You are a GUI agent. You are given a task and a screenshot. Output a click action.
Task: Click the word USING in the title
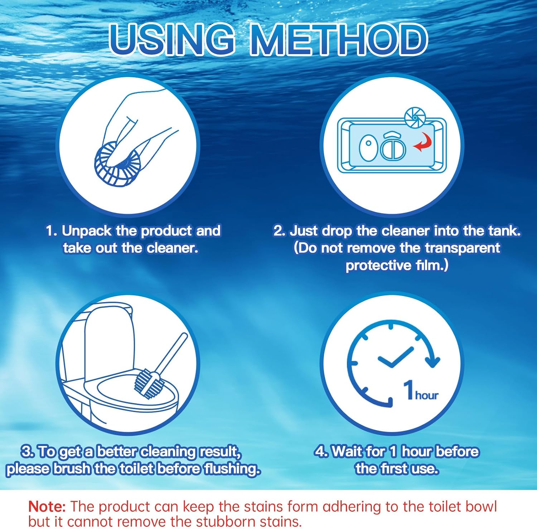(x=172, y=39)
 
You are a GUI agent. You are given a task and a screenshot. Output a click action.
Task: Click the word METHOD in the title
(x=339, y=39)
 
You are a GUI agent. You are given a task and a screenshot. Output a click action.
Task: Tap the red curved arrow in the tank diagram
(x=423, y=142)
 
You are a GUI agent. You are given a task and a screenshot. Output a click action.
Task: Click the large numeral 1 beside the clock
(x=408, y=390)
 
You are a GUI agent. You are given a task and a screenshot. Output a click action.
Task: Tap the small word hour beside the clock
(x=427, y=395)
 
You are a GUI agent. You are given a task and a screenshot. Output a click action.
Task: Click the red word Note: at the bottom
(x=47, y=506)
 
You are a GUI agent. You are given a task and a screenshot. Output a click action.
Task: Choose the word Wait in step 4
(x=346, y=452)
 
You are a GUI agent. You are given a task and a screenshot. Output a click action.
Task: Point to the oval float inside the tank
(x=368, y=147)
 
